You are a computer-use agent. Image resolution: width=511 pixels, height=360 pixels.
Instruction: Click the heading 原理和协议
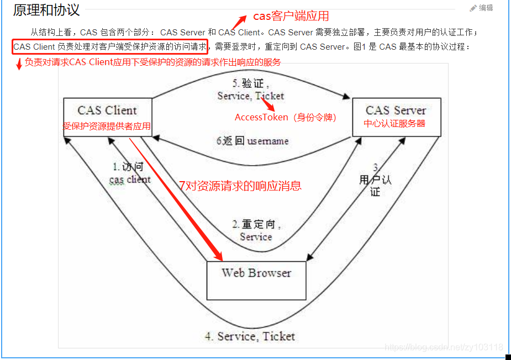pos(46,10)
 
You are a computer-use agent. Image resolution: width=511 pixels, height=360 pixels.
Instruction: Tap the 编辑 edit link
pos(486,8)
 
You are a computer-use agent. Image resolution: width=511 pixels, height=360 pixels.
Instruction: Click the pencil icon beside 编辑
pos(473,8)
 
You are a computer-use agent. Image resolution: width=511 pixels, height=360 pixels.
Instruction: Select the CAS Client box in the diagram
pos(107,116)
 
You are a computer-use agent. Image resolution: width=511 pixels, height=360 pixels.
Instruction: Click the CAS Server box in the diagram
pos(396,117)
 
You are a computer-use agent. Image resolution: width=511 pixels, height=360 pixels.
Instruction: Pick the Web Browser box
pos(256,280)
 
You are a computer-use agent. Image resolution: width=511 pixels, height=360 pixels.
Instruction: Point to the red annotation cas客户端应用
pos(291,17)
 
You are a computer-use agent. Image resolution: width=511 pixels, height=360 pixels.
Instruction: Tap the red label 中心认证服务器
pos(394,124)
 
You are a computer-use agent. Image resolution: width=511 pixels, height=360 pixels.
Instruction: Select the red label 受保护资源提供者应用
pos(107,126)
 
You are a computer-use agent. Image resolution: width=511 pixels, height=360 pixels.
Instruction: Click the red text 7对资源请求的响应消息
pos(240,186)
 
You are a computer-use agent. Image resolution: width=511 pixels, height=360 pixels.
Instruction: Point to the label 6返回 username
pos(252,141)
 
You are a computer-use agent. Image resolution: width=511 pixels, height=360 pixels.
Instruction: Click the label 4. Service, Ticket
pos(250,336)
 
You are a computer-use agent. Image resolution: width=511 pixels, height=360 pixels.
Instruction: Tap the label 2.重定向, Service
pos(256,231)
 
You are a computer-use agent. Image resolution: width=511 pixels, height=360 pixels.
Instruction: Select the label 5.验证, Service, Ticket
pos(251,90)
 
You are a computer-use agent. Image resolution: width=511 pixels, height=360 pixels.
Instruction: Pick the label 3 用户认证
pos(375,180)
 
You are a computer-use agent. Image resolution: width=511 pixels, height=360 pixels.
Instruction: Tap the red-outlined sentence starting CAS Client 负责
pos(110,46)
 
